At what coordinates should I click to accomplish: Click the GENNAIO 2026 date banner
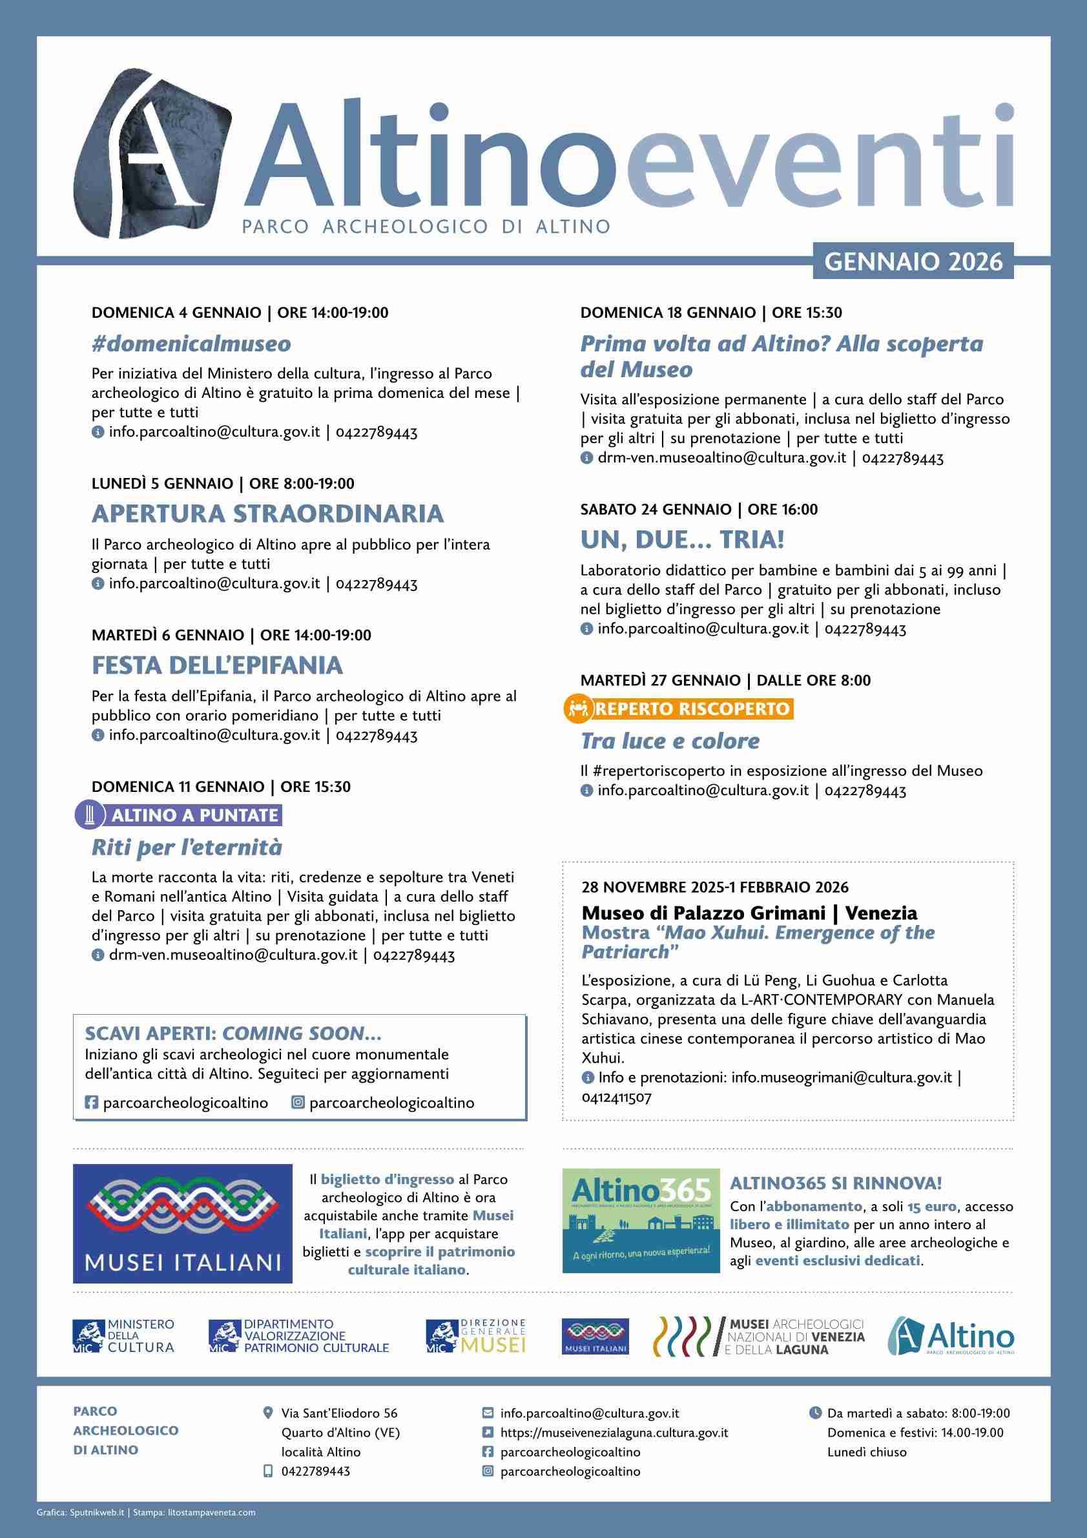click(913, 261)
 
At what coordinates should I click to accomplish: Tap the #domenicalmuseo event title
click(191, 344)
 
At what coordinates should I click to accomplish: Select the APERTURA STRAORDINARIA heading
click(267, 514)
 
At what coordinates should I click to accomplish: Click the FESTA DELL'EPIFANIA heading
click(217, 665)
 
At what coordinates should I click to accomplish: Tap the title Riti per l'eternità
click(186, 847)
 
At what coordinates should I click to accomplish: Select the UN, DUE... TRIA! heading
click(682, 539)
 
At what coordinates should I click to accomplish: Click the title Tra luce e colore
click(670, 741)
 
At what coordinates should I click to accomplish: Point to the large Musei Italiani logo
click(182, 1223)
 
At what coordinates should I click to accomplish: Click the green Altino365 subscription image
click(641, 1220)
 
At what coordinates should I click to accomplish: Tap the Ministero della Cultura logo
click(123, 1337)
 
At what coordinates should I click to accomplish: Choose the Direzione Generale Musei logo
click(476, 1336)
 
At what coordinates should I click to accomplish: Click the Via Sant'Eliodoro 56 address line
click(339, 1431)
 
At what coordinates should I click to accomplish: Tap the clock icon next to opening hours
click(816, 1431)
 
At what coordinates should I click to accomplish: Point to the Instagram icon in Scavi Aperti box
click(298, 1103)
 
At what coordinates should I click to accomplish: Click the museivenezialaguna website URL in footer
click(614, 1451)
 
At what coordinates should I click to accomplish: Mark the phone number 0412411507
click(616, 1097)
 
